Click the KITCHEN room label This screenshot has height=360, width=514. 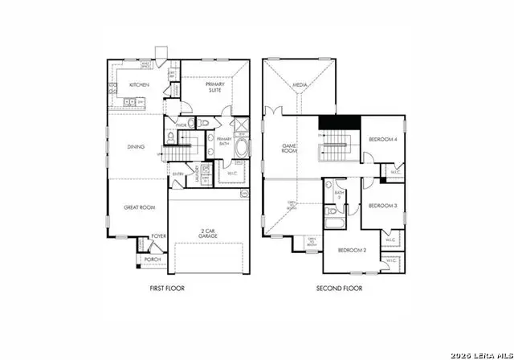(139, 84)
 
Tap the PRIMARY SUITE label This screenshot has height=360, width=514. (214, 88)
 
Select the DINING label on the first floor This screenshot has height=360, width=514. (136, 147)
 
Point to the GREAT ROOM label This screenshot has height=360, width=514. (138, 207)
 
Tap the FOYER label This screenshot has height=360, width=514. (159, 236)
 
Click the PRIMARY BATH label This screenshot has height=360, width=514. (224, 141)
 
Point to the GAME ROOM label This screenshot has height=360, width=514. (289, 149)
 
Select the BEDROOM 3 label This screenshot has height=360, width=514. (383, 206)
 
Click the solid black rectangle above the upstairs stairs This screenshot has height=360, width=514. (338, 126)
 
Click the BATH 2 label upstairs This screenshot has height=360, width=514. (339, 194)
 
